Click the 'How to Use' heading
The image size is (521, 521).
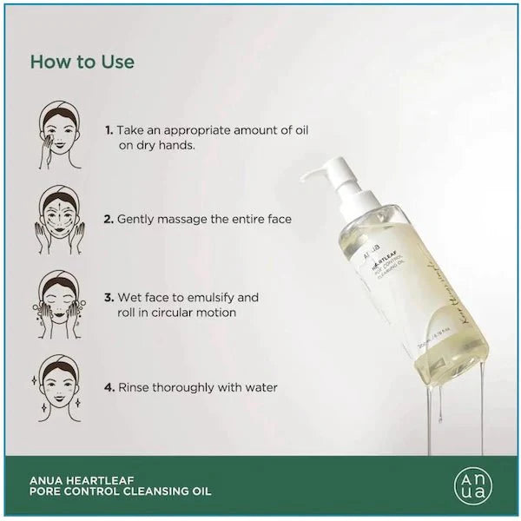click(82, 63)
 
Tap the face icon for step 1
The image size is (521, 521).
click(60, 135)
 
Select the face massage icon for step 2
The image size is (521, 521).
click(60, 221)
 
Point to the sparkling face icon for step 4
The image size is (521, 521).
click(60, 387)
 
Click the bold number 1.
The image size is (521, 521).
click(109, 130)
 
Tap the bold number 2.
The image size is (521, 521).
click(109, 220)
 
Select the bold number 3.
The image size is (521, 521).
click(109, 297)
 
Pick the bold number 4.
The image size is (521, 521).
click(109, 387)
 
